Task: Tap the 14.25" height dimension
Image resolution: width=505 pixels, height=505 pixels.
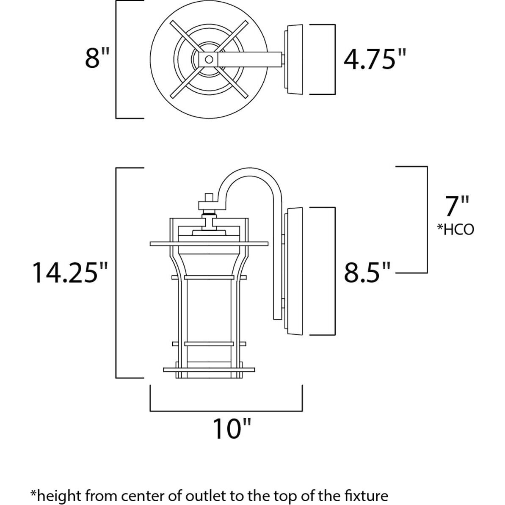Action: tap(70, 273)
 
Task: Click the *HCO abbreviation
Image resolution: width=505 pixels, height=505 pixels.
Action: tap(455, 229)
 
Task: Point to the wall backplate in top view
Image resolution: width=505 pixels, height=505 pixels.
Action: tap(295, 59)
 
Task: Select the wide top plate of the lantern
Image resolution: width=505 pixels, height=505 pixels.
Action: tap(209, 243)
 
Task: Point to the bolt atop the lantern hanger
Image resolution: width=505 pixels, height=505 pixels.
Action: tap(208, 198)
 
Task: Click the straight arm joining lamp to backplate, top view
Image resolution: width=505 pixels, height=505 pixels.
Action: tap(250, 59)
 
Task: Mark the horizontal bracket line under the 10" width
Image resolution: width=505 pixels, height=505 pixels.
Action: tap(226, 410)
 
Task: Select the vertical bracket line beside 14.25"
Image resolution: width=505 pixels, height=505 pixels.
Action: tap(116, 273)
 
